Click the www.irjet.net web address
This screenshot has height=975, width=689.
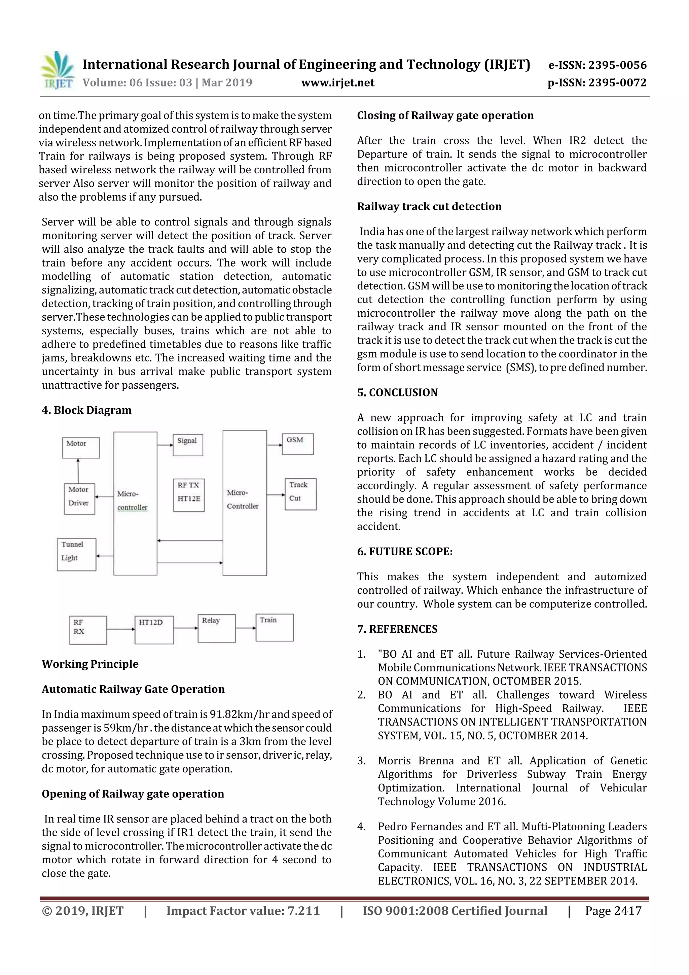[337, 82]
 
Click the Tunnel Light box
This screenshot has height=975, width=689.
[76, 554]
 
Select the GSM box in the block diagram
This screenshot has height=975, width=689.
[298, 444]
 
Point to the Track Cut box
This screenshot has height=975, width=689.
[300, 494]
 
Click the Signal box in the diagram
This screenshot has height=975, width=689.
[188, 445]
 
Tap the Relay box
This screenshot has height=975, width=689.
[217, 628]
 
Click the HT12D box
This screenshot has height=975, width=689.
[154, 630]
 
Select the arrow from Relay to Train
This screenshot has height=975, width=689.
[245, 628]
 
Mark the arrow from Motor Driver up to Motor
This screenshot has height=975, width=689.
[78, 471]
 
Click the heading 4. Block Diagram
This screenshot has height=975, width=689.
[86, 410]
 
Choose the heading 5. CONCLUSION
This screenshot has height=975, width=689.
[397, 392]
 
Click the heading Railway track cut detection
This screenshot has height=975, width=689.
[429, 206]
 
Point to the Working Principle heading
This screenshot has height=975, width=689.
[90, 664]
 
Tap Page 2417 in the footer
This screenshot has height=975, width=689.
[613, 911]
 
